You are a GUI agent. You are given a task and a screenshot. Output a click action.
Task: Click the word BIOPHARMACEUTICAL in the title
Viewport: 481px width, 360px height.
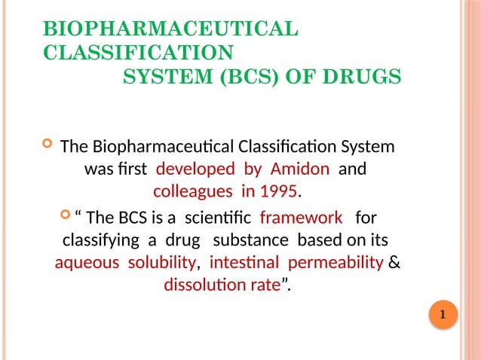pos(171,30)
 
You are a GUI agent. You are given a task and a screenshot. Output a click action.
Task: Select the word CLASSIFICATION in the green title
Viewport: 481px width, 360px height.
pos(139,53)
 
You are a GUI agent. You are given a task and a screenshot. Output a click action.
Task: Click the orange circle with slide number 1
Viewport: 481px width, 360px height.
pos(443,314)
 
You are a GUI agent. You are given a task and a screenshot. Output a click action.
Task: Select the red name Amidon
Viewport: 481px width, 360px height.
pos(299,169)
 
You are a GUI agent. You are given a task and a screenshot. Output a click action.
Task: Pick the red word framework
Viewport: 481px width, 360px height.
pos(301,218)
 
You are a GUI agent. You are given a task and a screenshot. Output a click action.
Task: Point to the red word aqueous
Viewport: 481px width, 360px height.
pos(87,264)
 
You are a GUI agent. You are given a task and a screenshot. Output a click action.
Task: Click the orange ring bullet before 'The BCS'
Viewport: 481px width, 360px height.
pos(64,218)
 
